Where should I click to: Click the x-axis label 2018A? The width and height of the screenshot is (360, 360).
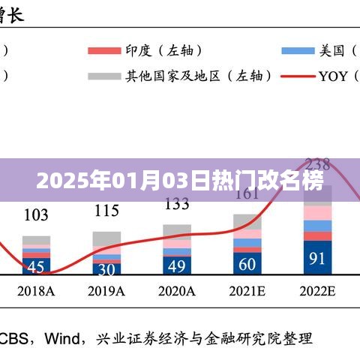36,290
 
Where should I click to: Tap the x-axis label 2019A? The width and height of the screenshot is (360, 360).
106,290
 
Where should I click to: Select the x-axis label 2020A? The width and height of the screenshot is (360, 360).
177,290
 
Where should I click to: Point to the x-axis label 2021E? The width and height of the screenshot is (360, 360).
247,290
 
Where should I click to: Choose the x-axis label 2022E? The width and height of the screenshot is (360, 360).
317,290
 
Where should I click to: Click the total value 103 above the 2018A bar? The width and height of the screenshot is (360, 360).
36,215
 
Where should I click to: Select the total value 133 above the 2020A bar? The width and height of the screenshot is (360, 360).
177,203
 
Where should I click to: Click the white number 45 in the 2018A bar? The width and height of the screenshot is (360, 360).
36,266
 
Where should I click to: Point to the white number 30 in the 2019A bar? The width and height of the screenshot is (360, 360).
106,268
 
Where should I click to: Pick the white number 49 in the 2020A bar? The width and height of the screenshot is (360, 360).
177,265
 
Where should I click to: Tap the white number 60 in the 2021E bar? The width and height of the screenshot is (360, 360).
247,263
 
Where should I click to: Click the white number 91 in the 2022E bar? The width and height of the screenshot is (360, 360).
317,257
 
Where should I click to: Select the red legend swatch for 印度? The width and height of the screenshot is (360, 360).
104,51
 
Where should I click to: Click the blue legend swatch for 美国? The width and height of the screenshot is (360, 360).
298,51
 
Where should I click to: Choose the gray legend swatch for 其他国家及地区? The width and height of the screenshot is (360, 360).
104,76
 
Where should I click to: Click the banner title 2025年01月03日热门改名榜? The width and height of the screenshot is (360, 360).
180,181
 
